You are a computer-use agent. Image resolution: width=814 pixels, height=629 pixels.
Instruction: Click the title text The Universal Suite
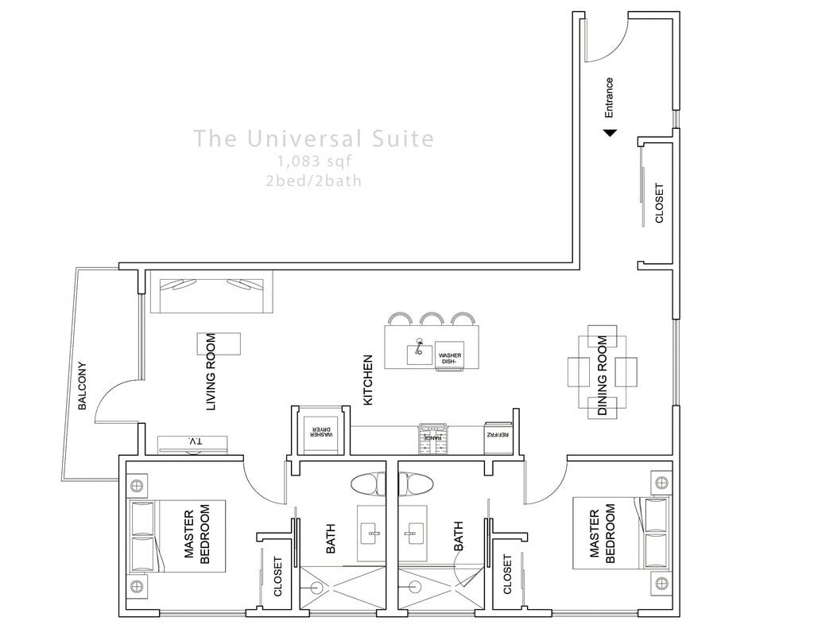tap(314, 139)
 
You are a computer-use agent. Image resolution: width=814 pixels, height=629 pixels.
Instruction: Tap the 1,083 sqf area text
tap(314, 162)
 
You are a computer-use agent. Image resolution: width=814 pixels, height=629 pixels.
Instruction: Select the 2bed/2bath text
tap(314, 181)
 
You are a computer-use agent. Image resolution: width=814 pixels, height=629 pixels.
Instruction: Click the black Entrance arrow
tap(609, 133)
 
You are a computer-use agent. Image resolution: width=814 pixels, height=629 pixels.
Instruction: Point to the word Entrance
tap(609, 97)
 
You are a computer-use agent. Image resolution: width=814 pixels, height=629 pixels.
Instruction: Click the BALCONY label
tap(82, 386)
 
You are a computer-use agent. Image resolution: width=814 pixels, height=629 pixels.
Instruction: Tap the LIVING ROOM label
tap(211, 371)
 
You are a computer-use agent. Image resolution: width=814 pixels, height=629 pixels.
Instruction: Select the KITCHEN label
tap(368, 380)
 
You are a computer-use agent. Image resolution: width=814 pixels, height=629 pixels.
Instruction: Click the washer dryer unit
tap(320, 433)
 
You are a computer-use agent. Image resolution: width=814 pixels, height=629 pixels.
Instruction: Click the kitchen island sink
tap(419, 350)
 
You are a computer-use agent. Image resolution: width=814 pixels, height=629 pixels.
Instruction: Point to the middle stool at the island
tap(432, 320)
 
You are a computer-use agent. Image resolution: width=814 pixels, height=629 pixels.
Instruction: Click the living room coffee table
tap(219, 344)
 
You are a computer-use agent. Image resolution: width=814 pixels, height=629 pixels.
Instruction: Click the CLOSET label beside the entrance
tap(659, 204)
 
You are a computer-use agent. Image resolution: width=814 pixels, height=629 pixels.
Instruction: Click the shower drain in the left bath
tap(317, 588)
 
